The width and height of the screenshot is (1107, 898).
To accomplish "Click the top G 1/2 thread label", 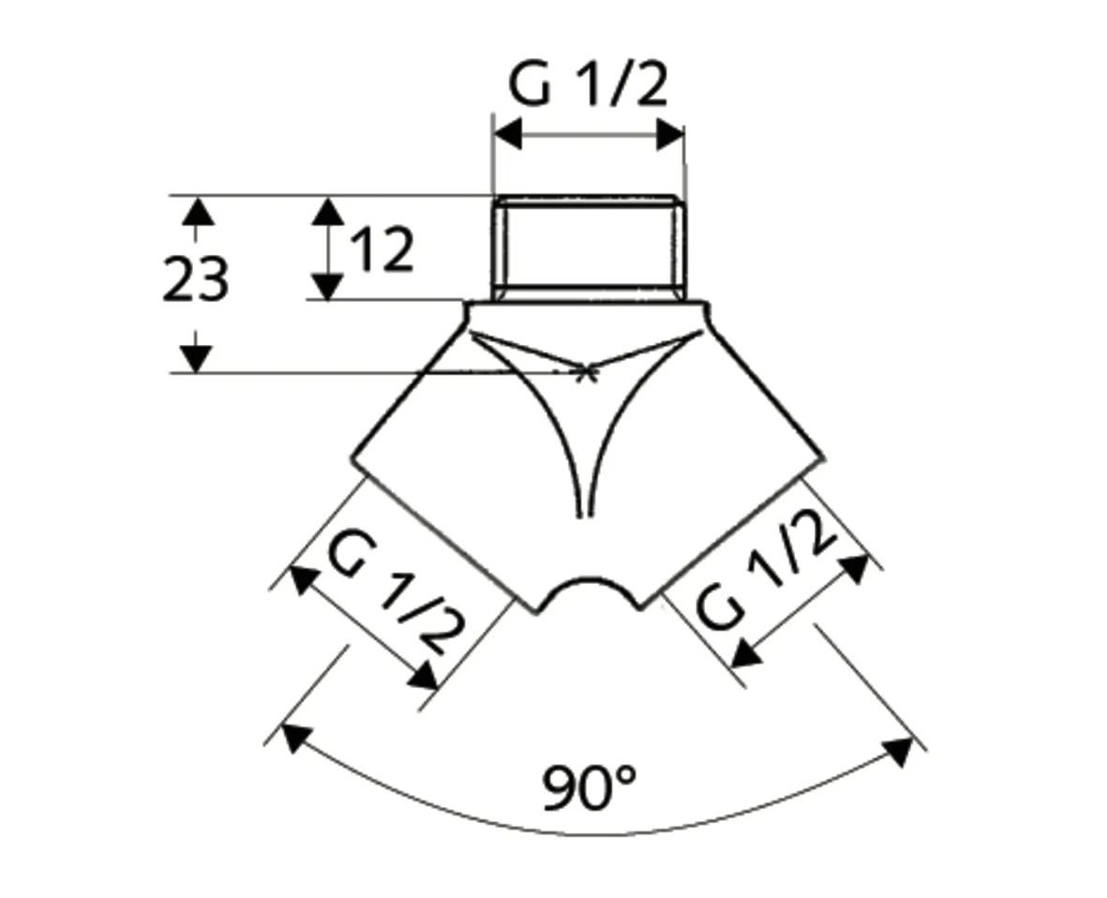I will pyautogui.click(x=588, y=86).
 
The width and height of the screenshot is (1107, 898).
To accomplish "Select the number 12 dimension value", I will pyautogui.click(x=381, y=251).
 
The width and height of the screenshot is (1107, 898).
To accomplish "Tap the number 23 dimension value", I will pyautogui.click(x=195, y=280).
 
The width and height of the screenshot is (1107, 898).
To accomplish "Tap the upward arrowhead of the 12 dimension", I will pyautogui.click(x=326, y=210).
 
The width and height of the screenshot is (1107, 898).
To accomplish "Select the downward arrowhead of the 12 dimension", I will pyautogui.click(x=326, y=286).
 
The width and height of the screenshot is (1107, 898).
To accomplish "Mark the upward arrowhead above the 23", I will pyautogui.click(x=196, y=210).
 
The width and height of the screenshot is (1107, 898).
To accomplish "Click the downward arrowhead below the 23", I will pyautogui.click(x=196, y=358).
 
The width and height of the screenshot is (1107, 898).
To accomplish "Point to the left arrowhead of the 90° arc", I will pyautogui.click(x=294, y=738).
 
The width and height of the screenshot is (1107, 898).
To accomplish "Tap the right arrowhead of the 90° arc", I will pyautogui.click(x=898, y=752).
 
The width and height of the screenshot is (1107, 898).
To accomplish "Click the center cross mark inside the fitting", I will pyautogui.click(x=587, y=372).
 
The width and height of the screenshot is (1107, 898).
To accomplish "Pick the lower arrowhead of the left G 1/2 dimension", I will pyautogui.click(x=425, y=676).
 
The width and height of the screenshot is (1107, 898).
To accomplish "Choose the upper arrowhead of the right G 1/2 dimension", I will pyautogui.click(x=854, y=569).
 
